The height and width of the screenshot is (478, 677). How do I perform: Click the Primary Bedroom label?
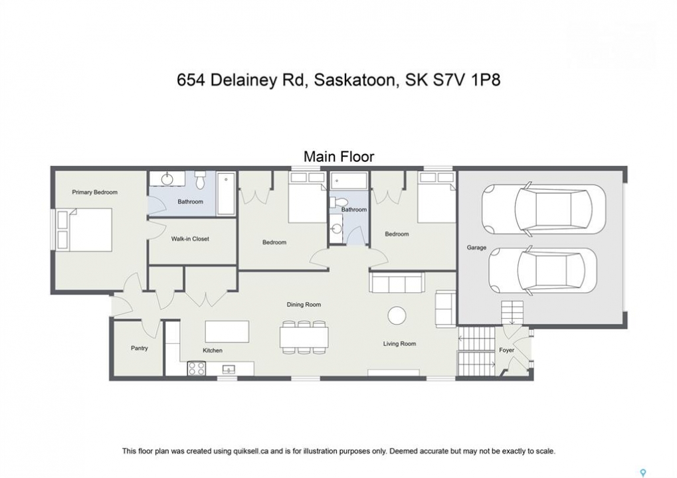point(94,193)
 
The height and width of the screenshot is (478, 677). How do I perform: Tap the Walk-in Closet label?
point(190,238)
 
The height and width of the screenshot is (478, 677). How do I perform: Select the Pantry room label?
point(139,348)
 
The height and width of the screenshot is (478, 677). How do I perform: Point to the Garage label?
point(476,248)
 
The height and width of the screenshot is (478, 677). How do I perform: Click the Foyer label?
point(506,350)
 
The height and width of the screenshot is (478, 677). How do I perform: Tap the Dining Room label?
point(304,305)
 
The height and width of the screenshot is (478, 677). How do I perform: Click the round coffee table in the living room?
point(397,315)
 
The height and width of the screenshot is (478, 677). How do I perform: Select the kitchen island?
point(227,331)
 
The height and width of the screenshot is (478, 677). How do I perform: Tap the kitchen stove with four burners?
point(197,369)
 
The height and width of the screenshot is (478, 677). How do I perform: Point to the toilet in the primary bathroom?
point(199,180)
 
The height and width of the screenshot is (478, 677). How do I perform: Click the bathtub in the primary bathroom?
point(226,194)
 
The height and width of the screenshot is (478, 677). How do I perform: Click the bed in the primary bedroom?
point(84,230)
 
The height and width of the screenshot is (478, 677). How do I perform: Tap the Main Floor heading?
point(339,156)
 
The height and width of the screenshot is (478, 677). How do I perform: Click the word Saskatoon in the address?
point(355,80)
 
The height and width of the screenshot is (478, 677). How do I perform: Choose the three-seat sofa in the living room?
point(397,283)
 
